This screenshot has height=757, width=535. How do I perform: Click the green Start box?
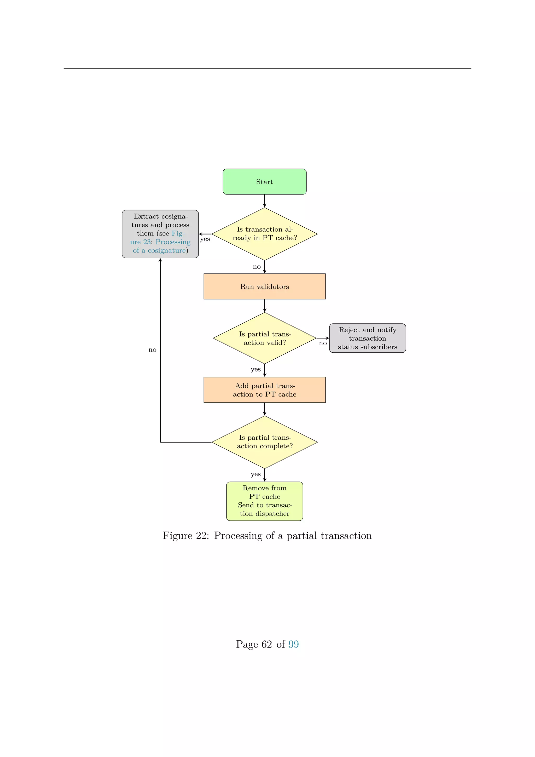265,182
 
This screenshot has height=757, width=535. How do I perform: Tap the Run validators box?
265,286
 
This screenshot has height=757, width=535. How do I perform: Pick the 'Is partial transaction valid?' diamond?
265,338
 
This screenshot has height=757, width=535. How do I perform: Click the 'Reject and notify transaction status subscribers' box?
367,338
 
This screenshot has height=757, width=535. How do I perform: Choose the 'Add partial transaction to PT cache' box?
265,390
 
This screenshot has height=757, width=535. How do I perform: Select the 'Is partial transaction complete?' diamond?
265,442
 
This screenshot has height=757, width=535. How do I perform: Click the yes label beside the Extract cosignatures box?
205,239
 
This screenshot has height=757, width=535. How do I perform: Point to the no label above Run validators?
257,267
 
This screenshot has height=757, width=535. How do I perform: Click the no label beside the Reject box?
323,343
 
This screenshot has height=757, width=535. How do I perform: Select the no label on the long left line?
152,350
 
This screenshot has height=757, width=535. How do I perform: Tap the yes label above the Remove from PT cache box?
256,474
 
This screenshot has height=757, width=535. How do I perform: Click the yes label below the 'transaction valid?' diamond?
256,370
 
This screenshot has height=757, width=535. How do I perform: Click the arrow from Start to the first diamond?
265,200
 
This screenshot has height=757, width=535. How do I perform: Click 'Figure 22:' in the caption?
185,536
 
